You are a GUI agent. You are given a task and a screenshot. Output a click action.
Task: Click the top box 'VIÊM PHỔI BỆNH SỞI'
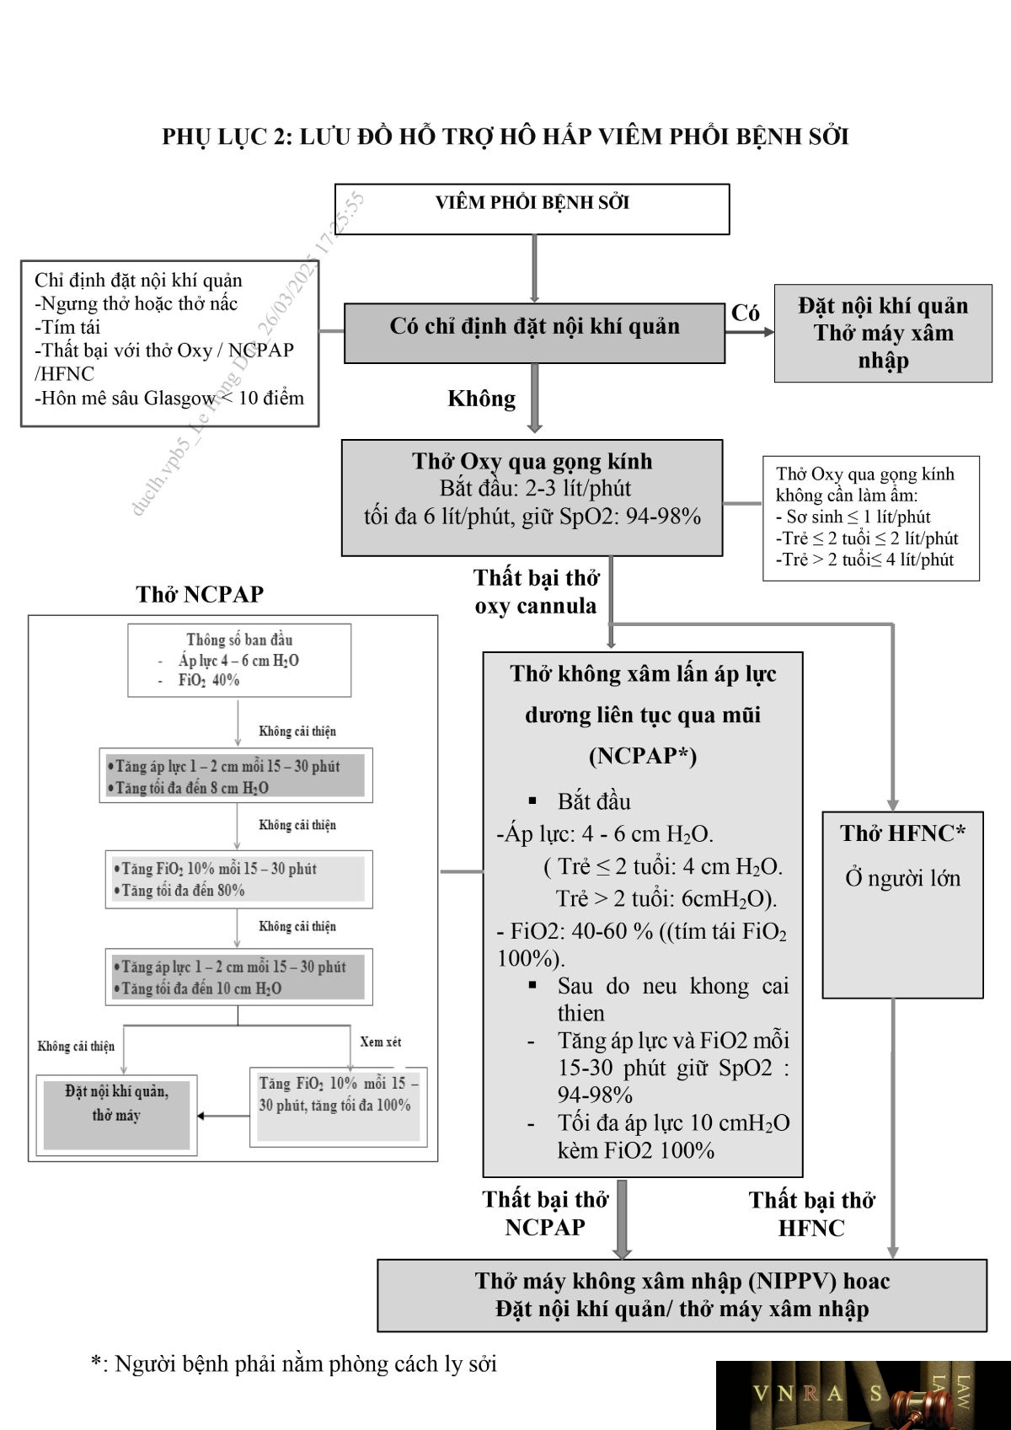click(x=532, y=209)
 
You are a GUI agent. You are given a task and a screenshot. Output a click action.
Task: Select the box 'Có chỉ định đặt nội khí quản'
click(x=534, y=333)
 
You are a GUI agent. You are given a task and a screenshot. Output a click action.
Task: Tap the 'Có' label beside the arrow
click(x=745, y=313)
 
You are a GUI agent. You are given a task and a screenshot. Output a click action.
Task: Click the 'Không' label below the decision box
click(x=481, y=399)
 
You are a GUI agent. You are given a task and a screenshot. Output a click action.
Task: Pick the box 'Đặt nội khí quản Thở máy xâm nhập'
click(x=883, y=333)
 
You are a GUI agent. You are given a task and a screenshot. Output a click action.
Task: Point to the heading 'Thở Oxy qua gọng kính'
click(x=532, y=461)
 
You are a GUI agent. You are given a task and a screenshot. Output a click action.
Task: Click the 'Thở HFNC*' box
click(x=902, y=905)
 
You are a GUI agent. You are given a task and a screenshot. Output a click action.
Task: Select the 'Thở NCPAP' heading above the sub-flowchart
click(x=200, y=594)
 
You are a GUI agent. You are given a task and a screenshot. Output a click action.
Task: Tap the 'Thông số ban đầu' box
click(x=239, y=660)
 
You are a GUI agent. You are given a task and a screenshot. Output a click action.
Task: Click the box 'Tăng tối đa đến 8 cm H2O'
click(x=236, y=775)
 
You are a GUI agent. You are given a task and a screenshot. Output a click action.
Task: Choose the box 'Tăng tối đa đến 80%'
click(x=239, y=879)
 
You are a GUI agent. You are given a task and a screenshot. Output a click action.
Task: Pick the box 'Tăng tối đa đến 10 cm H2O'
click(x=239, y=977)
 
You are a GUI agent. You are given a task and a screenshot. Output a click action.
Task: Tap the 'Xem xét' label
click(x=381, y=1042)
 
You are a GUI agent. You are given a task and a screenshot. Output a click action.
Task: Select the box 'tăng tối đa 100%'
click(x=339, y=1107)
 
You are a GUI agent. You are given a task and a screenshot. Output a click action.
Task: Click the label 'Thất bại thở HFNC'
click(x=811, y=1213)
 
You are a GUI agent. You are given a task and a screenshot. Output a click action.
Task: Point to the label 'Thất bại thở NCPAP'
click(x=545, y=1213)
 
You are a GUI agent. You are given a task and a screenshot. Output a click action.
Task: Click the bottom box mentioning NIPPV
click(x=682, y=1295)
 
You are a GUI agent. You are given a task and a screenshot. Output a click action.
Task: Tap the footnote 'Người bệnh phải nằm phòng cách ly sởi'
click(x=306, y=1363)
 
